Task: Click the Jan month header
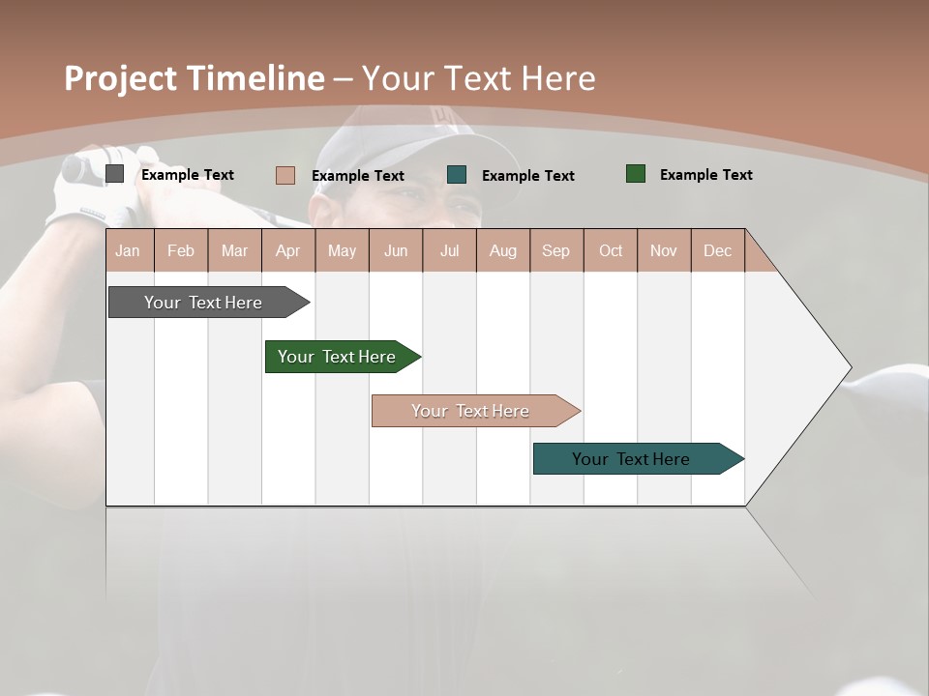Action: (128, 250)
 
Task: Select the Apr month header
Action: (287, 250)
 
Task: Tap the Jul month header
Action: (449, 250)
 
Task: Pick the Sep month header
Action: (555, 250)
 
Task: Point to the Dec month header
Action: (717, 250)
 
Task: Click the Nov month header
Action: (663, 250)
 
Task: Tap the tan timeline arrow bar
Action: (471, 411)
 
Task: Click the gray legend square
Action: (114, 174)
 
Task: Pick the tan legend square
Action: (285, 175)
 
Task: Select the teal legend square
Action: (457, 175)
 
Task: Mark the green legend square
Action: (635, 174)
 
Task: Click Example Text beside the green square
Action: (705, 175)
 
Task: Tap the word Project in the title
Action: (120, 78)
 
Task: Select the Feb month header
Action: (181, 250)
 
